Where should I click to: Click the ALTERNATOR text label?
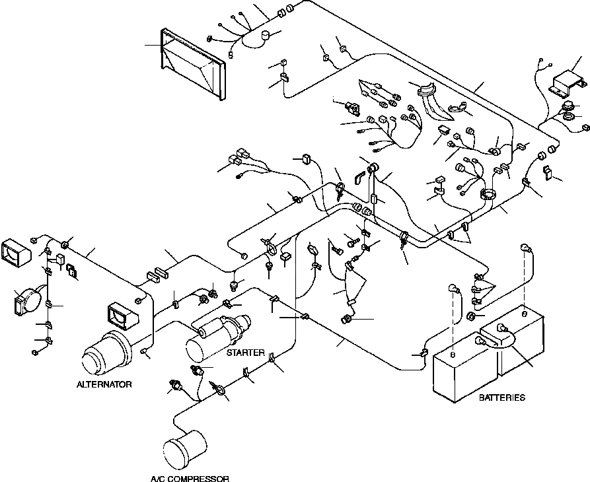104,384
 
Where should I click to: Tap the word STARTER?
246,353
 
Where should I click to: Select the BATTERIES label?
501,397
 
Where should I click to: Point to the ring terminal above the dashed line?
526,248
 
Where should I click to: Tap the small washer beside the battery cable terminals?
474,316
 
